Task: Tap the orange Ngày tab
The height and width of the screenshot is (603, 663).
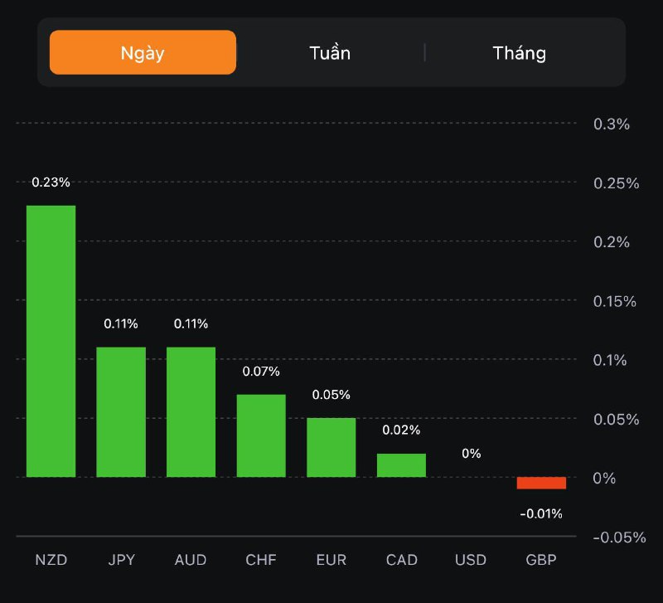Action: click(x=143, y=53)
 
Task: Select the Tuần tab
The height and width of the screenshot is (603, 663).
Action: click(x=330, y=53)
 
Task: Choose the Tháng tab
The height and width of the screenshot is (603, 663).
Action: click(x=520, y=53)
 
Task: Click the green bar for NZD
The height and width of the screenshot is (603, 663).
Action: click(x=51, y=341)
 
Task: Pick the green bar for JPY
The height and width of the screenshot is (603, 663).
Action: click(x=121, y=411)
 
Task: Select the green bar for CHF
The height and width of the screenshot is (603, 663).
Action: click(x=261, y=435)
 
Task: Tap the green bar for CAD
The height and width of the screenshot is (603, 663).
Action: click(x=401, y=465)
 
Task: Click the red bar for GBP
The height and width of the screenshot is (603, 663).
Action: click(x=541, y=483)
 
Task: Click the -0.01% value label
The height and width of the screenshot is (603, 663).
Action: click(x=541, y=514)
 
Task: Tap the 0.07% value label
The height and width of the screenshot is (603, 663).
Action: click(x=261, y=372)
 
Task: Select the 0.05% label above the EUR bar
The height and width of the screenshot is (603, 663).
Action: click(x=331, y=395)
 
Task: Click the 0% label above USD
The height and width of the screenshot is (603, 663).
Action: click(x=471, y=454)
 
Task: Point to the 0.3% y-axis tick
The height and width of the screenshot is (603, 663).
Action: click(x=612, y=124)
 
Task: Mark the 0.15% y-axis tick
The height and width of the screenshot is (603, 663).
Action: click(x=615, y=301)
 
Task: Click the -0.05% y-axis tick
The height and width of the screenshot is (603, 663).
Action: click(x=619, y=537)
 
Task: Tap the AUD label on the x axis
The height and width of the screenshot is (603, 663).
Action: click(x=191, y=560)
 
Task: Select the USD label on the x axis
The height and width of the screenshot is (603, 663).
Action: click(x=471, y=560)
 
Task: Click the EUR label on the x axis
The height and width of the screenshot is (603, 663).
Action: click(x=331, y=560)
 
